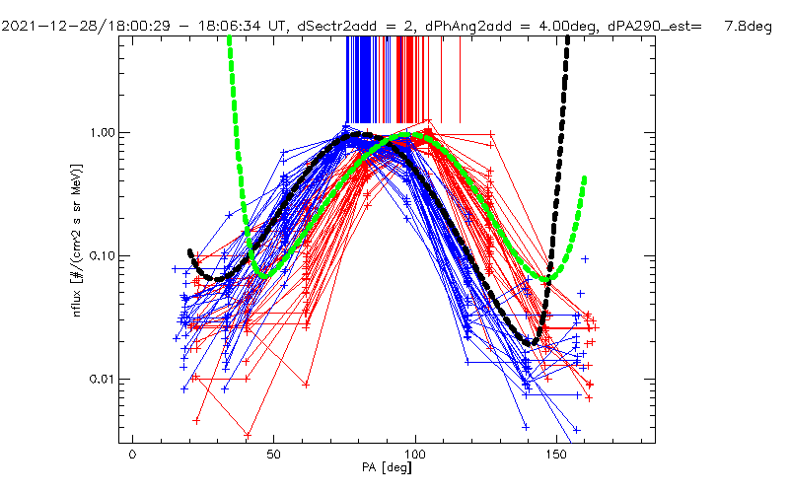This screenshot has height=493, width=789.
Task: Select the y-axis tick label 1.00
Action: pos(100,132)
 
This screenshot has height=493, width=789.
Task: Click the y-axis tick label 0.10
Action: pos(100,256)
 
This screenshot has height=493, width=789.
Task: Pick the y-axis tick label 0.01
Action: pos(100,380)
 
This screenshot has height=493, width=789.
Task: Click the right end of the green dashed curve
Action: pos(586,178)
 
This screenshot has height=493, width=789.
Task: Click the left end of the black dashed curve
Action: pos(189,250)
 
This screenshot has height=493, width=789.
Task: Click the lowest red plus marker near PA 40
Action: pos(248,433)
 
